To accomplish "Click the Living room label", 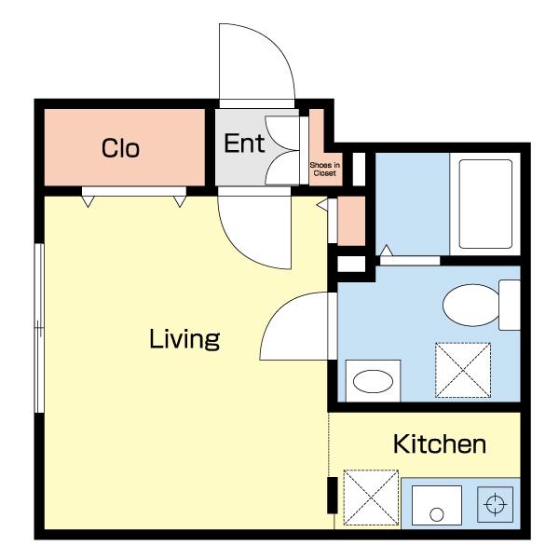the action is [x=184, y=339].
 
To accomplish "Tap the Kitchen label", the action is [x=440, y=443].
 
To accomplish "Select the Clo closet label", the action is [x=120, y=148].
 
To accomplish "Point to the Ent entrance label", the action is [x=244, y=143].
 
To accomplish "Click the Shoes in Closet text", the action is [x=325, y=169].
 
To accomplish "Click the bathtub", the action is [x=485, y=204].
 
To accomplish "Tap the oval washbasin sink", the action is [x=373, y=381].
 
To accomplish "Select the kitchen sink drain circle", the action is [x=437, y=514].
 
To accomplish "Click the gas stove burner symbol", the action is [x=496, y=504].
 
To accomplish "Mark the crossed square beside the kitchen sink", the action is [x=371, y=498].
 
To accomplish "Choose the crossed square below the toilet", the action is [x=463, y=371].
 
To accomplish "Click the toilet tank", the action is [x=510, y=306].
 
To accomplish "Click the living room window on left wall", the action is [x=39, y=328].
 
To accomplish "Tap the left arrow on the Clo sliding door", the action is [x=89, y=201].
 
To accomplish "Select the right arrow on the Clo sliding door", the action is [x=180, y=201].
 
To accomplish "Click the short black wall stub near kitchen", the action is [x=333, y=496].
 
